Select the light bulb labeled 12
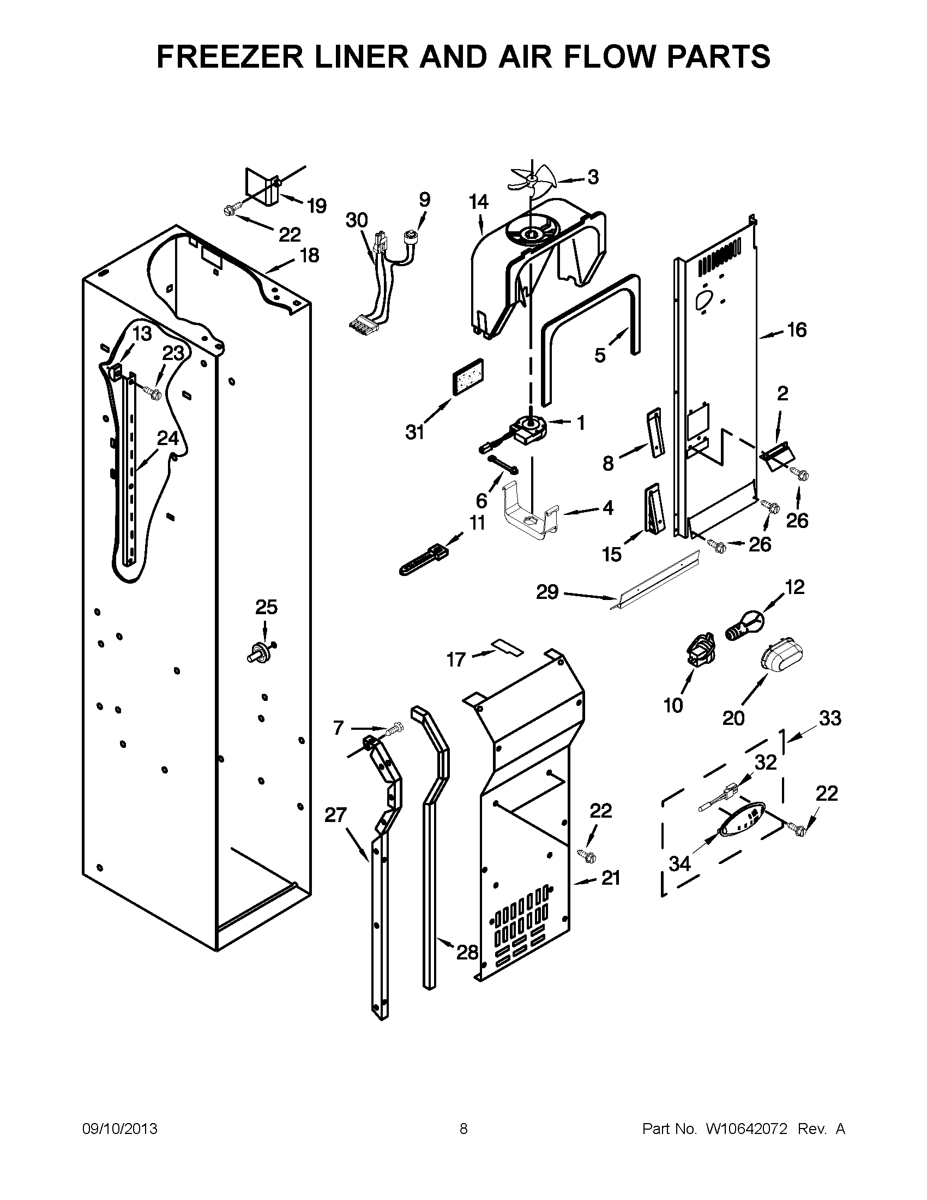[x=745, y=626]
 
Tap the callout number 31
[x=415, y=433]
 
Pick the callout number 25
[x=266, y=607]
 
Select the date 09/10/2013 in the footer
[x=120, y=1129]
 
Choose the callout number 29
[x=547, y=592]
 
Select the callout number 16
[x=797, y=329]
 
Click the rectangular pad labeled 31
[x=467, y=377]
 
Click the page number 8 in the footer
[x=463, y=1129]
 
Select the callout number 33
[x=829, y=718]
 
